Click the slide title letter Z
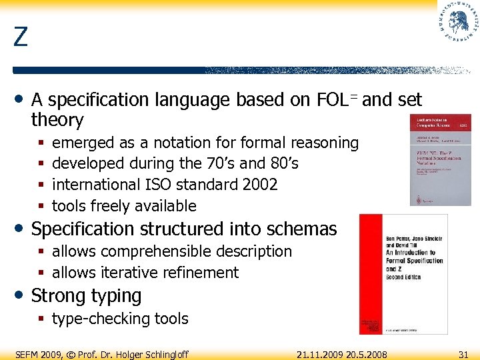[21, 37]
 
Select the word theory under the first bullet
[57, 121]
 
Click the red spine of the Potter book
[371, 273]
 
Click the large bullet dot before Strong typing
[21, 295]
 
